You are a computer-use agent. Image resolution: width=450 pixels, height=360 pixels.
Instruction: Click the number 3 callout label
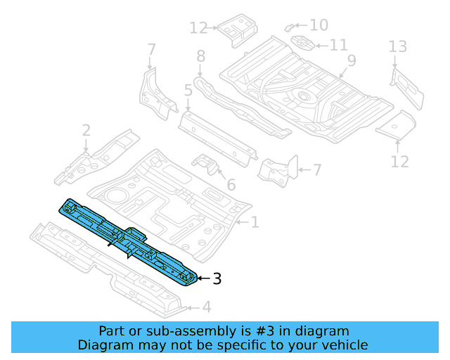click(x=217, y=279)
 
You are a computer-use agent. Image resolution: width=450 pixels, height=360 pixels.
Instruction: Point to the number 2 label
click(x=86, y=130)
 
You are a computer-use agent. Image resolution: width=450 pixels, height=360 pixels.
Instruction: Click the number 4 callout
click(x=206, y=307)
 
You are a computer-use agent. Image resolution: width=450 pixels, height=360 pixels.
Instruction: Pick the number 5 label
click(x=188, y=90)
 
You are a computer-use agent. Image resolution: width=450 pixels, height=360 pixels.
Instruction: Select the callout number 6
click(x=230, y=186)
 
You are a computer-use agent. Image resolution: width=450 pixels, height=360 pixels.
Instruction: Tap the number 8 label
click(x=200, y=56)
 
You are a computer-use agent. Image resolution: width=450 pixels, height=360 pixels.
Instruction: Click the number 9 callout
click(x=351, y=60)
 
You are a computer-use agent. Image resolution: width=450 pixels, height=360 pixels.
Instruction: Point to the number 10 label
click(x=319, y=25)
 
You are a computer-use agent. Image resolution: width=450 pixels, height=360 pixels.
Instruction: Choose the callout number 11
click(x=338, y=45)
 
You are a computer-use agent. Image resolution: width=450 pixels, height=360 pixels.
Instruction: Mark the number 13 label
click(x=398, y=47)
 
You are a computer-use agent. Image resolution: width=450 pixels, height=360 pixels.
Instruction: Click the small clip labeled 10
click(x=290, y=26)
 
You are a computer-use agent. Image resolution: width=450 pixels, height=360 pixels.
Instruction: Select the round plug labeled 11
click(x=303, y=43)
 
